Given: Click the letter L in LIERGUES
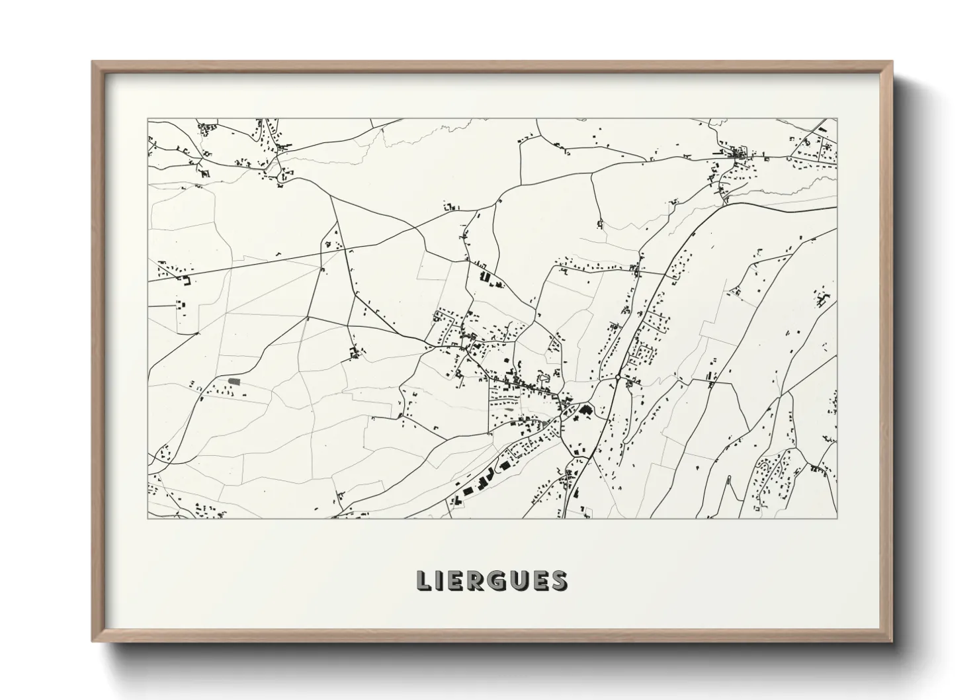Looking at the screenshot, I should point(424,580).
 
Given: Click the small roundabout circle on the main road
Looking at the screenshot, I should point(617,377).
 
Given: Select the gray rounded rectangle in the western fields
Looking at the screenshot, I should point(234,381).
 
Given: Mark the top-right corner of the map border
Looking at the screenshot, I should point(837,119).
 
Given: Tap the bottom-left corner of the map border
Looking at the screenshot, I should point(148,518).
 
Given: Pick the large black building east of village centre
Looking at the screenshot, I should point(584,411).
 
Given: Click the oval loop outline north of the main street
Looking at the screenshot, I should point(545,378).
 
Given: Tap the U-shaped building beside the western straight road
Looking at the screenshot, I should point(187,281).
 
